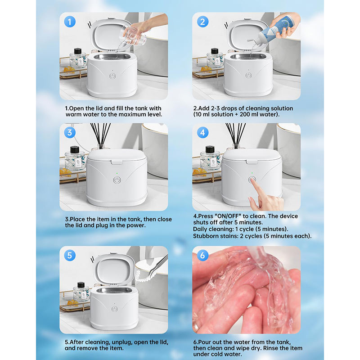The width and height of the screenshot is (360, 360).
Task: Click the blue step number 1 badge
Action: [70, 22]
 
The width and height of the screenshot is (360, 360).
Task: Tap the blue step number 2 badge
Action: [203, 22]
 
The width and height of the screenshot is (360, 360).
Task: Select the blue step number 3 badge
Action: [70, 132]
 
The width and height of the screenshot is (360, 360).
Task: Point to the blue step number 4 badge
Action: [203, 132]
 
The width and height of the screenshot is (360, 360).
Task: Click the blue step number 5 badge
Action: [70, 255]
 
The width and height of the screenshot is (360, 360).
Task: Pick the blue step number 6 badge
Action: [203, 255]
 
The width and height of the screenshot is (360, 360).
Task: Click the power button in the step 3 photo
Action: [117, 180]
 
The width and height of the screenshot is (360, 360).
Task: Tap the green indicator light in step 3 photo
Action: [117, 173]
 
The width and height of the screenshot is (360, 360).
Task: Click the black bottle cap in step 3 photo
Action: [75, 149]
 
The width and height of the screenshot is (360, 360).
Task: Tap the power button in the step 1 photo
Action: [112, 76]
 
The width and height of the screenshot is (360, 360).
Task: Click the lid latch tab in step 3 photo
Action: [117, 162]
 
